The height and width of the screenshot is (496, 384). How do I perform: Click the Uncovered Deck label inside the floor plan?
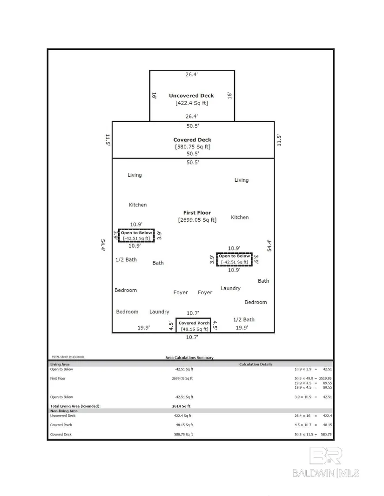[191, 96]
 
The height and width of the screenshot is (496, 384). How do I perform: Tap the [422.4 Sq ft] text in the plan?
[191, 103]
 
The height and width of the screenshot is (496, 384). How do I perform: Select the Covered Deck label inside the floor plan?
[192, 139]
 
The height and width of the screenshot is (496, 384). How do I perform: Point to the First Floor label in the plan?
[197, 212]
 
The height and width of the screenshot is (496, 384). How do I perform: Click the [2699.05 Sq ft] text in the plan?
[197, 220]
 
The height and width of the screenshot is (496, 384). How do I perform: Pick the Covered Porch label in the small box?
[194, 323]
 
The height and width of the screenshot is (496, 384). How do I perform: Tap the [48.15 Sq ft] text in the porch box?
[194, 329]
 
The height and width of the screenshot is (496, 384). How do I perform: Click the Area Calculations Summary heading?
[189, 357]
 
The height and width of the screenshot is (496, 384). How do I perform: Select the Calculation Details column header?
[256, 364]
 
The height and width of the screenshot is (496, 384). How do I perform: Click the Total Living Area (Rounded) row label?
[75, 406]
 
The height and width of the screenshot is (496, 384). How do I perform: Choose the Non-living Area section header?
[64, 411]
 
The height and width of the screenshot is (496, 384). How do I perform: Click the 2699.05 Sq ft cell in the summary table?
[182, 378]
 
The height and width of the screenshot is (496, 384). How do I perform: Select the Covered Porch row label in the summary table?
[61, 425]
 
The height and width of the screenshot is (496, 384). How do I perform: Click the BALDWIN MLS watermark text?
[326, 473]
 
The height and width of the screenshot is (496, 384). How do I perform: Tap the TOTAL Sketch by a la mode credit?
[67, 357]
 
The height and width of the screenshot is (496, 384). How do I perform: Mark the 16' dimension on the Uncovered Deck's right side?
[229, 95]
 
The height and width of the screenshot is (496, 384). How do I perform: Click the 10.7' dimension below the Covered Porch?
[192, 337]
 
